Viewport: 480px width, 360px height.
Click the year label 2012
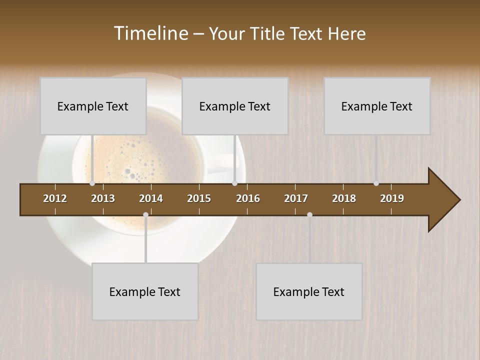(x=55, y=198)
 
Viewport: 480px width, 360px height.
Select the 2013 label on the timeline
(x=103, y=198)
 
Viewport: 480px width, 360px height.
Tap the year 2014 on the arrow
(x=151, y=198)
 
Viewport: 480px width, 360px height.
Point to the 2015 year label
(x=199, y=198)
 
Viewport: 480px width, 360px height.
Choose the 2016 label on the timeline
(x=248, y=198)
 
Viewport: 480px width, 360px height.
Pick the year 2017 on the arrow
(x=296, y=198)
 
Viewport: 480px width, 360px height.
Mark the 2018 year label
(x=344, y=198)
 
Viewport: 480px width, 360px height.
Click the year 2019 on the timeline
(x=392, y=198)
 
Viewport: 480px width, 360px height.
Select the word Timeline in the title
(x=150, y=33)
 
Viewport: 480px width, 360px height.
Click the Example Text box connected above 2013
(x=93, y=106)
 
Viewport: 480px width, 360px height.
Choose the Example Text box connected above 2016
(x=235, y=106)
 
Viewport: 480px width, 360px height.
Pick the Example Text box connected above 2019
(x=377, y=106)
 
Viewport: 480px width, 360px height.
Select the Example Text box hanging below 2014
(x=145, y=291)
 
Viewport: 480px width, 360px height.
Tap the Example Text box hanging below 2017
(x=309, y=291)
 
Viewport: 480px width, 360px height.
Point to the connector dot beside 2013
(x=92, y=183)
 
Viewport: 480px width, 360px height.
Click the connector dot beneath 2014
(x=145, y=214)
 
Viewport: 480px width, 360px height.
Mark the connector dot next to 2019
(x=376, y=183)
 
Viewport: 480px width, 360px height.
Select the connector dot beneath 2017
(x=309, y=214)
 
